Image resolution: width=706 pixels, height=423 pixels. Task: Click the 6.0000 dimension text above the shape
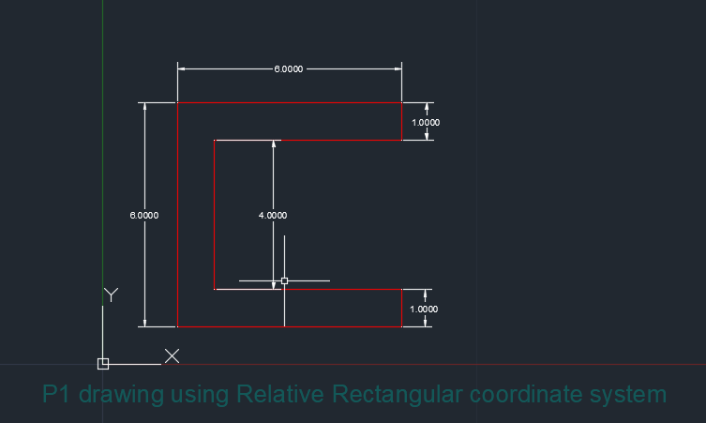pyautogui.click(x=289, y=69)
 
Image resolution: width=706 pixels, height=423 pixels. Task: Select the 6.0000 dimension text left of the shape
pyautogui.click(x=143, y=215)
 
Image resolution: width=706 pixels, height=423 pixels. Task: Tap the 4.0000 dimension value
pyautogui.click(x=273, y=215)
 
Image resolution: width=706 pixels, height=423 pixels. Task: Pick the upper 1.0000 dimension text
pyautogui.click(x=426, y=123)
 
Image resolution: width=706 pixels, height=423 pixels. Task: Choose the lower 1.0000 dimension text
pyautogui.click(x=426, y=309)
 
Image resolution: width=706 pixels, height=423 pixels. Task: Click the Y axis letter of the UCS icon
pyautogui.click(x=111, y=295)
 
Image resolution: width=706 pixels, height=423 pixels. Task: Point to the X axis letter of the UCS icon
pyautogui.click(x=173, y=355)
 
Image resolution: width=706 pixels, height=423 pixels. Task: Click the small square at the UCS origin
pyautogui.click(x=103, y=364)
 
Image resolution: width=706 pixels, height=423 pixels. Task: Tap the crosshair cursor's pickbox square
pyautogui.click(x=284, y=280)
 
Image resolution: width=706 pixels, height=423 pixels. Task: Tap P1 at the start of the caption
pyautogui.click(x=57, y=394)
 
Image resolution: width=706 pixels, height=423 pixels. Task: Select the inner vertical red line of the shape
pyautogui.click(x=215, y=215)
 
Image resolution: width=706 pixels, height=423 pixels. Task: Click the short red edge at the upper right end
pyautogui.click(x=401, y=122)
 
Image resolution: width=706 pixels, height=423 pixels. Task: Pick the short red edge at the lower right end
pyautogui.click(x=401, y=309)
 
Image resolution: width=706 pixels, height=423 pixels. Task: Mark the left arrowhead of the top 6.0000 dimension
pyautogui.click(x=183, y=69)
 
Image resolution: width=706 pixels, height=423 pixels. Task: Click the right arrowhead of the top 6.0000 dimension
pyautogui.click(x=397, y=69)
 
